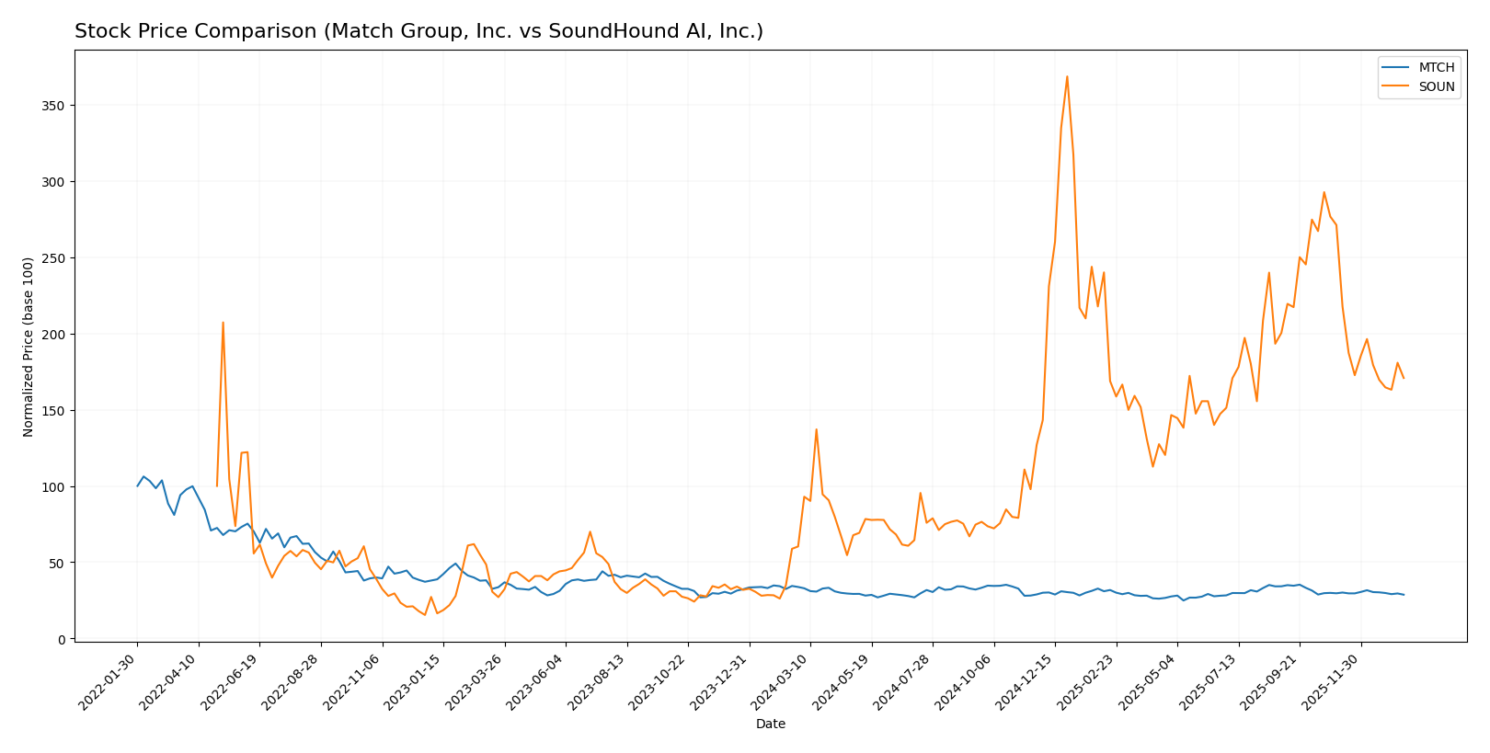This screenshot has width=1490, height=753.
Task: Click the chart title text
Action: click(418, 32)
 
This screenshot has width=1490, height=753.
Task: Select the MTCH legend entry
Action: click(1436, 68)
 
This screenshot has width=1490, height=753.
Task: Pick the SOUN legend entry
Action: click(1436, 87)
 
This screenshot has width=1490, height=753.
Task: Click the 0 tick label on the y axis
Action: click(62, 639)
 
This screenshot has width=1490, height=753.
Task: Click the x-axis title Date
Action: click(771, 724)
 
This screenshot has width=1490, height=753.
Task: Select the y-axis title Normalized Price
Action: click(29, 347)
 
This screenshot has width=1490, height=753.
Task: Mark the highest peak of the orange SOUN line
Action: click(1067, 76)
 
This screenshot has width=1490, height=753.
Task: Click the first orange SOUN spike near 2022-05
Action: click(223, 323)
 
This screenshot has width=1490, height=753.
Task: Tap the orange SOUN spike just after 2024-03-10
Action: click(816, 429)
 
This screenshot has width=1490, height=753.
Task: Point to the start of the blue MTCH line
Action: click(138, 485)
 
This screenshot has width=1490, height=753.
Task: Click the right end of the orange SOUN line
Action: click(1404, 378)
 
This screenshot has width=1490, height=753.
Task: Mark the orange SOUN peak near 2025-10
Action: click(1324, 192)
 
